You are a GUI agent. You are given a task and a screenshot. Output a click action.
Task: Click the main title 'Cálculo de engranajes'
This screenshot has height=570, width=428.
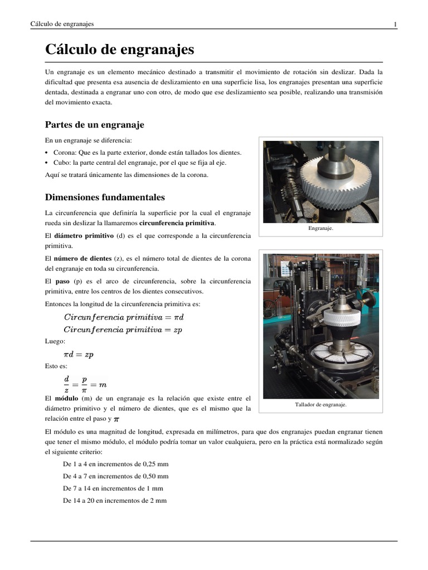click(119, 50)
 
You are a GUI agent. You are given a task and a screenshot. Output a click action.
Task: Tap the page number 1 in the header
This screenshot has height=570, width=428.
click(395, 24)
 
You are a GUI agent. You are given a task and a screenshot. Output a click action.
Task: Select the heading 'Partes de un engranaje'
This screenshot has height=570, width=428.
click(94, 125)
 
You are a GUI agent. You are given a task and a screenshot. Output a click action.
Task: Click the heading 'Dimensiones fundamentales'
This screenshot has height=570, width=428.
click(105, 197)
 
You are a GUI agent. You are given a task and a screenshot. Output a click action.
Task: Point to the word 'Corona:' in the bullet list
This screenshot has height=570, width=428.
click(66, 152)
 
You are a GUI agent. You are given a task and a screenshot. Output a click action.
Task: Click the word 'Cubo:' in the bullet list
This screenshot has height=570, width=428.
click(62, 163)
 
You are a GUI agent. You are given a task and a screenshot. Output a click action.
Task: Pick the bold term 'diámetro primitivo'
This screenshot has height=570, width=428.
click(83, 235)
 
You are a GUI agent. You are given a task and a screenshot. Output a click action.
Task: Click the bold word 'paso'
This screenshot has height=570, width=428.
click(62, 282)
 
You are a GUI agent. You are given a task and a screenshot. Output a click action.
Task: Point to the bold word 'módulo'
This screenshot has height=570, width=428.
click(66, 399)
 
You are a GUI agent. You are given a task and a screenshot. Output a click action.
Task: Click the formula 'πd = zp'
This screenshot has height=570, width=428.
click(79, 355)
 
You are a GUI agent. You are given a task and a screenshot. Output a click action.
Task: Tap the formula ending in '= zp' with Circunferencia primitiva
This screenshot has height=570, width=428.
click(123, 329)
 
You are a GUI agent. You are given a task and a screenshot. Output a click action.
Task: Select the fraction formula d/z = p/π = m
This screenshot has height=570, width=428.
click(85, 384)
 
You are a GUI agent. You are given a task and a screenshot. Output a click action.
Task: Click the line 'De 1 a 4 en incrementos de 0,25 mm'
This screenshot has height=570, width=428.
click(116, 464)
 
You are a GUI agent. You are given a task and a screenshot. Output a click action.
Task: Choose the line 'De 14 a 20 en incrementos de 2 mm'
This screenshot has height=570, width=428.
click(115, 501)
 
